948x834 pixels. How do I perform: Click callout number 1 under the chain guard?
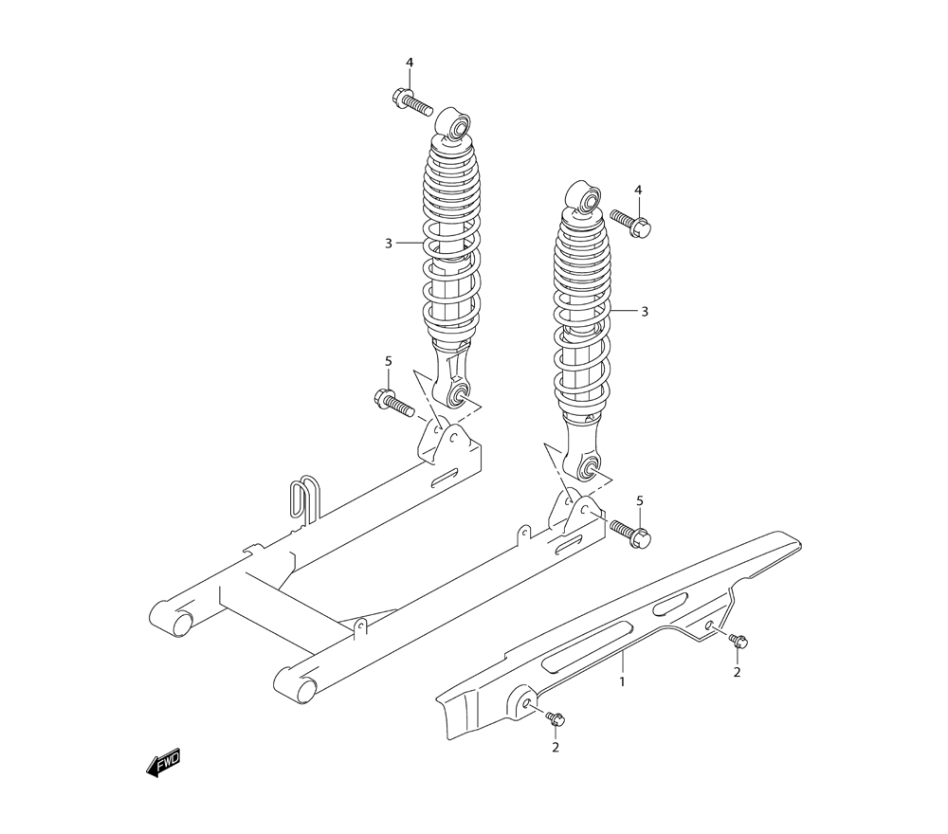tap(622, 682)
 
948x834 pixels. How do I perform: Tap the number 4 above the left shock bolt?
tap(410, 63)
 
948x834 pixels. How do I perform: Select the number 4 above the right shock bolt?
tap(638, 190)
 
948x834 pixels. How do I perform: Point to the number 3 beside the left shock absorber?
tap(389, 244)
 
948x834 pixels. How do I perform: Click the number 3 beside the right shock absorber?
tap(645, 311)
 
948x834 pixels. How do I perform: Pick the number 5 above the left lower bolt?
tap(389, 361)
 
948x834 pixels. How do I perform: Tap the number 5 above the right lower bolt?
tap(640, 500)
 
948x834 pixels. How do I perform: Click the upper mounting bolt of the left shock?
tap(412, 102)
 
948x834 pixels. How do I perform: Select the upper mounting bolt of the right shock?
tap(630, 224)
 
